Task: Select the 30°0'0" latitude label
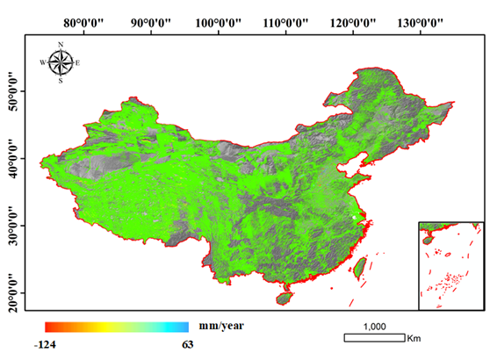click(x=12, y=226)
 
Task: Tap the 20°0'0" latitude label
click(x=12, y=292)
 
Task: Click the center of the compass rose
click(x=61, y=62)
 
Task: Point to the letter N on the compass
click(x=61, y=44)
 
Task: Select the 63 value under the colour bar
click(x=187, y=344)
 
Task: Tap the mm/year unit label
click(x=220, y=326)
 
